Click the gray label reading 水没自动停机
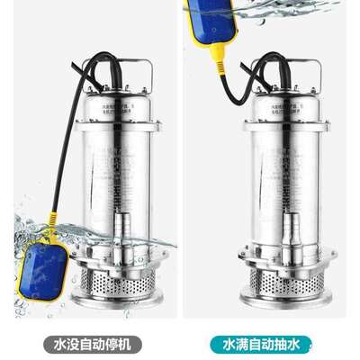[91, 343]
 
